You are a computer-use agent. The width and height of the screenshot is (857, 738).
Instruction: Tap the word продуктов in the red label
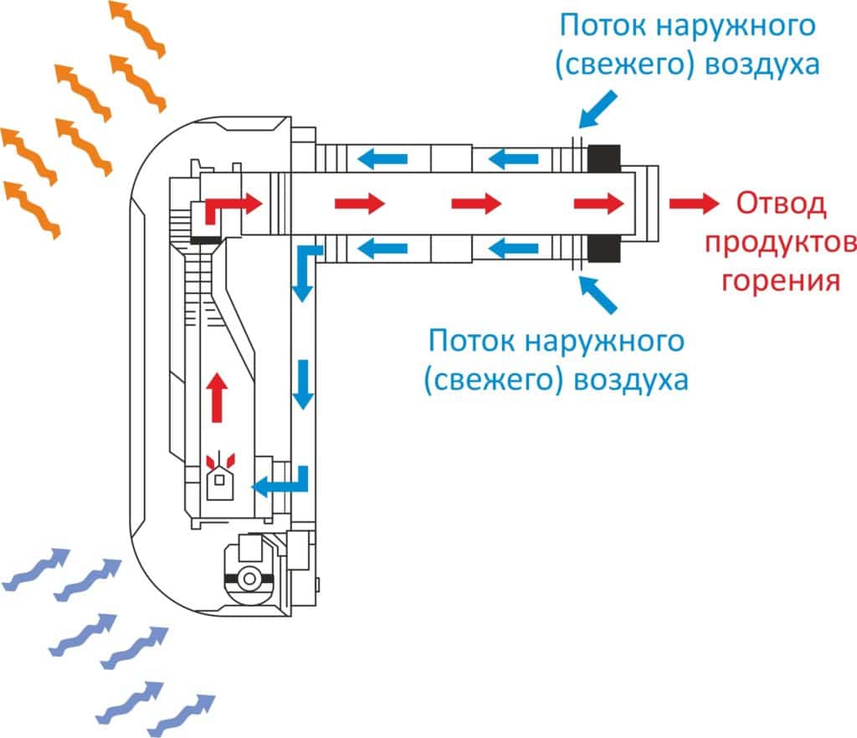click(780, 243)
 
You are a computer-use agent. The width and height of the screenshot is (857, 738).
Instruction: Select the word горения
click(780, 280)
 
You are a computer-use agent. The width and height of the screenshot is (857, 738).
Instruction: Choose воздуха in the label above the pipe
click(762, 65)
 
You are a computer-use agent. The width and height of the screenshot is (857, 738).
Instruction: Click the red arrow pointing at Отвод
click(693, 203)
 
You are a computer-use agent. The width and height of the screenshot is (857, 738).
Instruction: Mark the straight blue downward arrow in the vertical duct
click(304, 384)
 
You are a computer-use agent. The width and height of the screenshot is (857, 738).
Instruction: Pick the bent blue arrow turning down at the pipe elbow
click(305, 271)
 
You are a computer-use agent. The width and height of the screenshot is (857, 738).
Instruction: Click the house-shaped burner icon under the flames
click(221, 483)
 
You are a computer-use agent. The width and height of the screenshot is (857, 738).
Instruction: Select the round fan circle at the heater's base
click(249, 577)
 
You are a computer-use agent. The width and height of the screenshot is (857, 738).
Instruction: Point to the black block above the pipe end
click(603, 156)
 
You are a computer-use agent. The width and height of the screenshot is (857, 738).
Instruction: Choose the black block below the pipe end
click(603, 249)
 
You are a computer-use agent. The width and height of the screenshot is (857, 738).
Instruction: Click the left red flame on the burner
click(211, 459)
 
